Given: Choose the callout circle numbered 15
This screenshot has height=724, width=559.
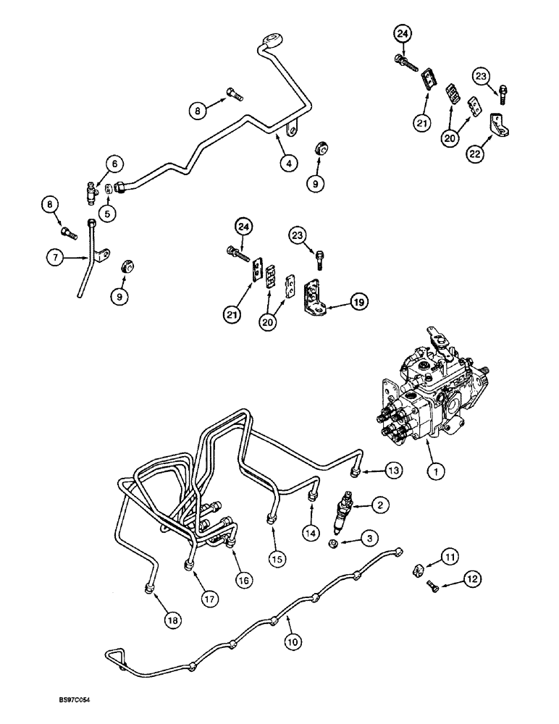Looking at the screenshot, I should click(274, 560).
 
